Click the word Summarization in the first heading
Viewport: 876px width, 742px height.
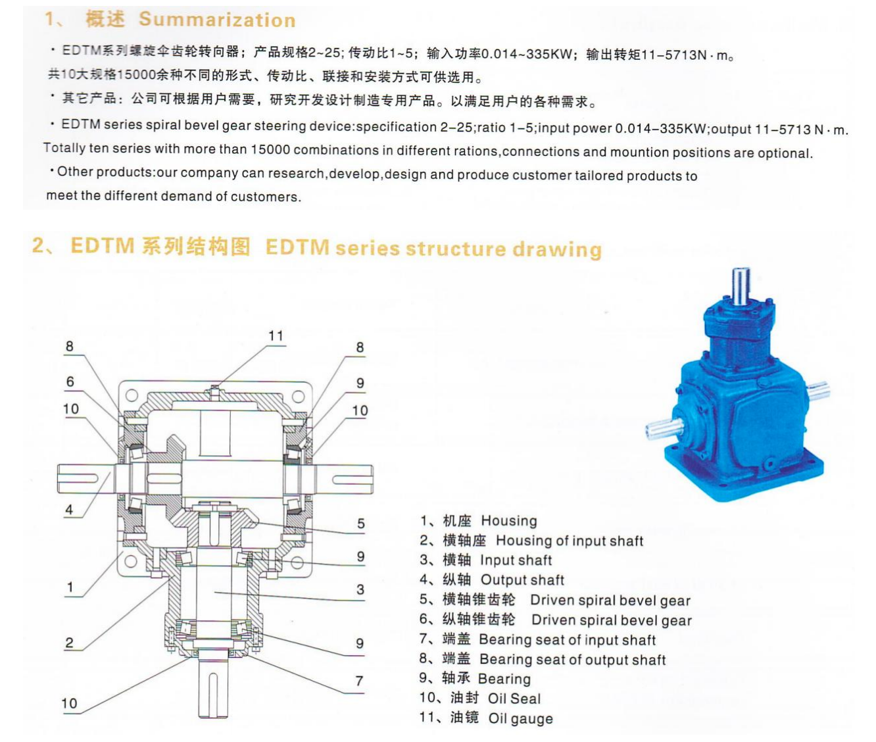coord(217,20)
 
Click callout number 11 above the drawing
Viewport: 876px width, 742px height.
coord(276,336)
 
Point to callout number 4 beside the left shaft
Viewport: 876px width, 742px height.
coord(69,509)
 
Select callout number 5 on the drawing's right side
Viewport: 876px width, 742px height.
coord(360,523)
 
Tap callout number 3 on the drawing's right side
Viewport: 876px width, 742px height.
coord(360,589)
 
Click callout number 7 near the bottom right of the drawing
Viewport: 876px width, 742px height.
coord(359,681)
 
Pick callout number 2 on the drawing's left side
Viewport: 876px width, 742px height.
coord(69,643)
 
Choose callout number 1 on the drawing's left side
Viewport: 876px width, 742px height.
coord(70,587)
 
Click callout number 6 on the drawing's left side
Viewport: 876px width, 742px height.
coord(70,382)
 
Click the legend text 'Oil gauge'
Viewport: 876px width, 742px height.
coord(520,718)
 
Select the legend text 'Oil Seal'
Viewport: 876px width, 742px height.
coord(514,699)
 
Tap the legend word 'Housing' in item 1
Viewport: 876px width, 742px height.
coord(508,521)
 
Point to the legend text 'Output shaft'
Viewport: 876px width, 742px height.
coord(522,580)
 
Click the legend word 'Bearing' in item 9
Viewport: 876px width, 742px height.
coord(504,679)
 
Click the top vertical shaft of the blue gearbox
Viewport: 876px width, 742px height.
coord(741,285)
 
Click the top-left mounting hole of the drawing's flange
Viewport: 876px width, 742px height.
coord(132,395)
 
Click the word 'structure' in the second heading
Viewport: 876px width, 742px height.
coord(456,249)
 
